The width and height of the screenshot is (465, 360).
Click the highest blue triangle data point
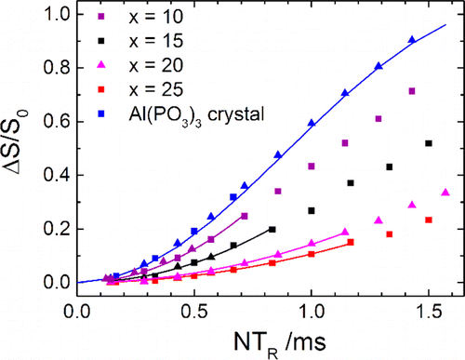tap(412, 40)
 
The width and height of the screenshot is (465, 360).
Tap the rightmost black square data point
tap(428, 143)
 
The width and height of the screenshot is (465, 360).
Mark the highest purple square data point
tap(412, 91)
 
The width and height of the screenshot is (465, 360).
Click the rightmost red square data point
tap(428, 220)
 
